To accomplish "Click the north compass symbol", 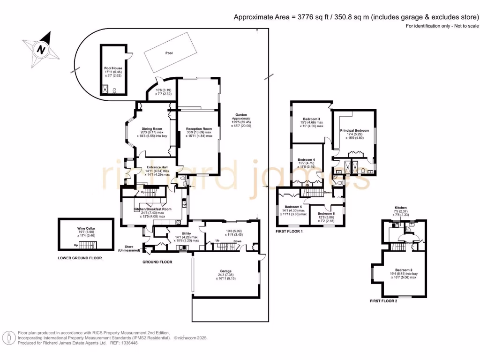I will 41,48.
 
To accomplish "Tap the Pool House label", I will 113,68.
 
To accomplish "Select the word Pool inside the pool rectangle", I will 169,53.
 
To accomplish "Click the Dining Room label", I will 152,129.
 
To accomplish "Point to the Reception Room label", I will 199,129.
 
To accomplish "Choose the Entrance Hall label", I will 157,167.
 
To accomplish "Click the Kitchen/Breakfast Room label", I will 153,209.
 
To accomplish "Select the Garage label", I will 225,271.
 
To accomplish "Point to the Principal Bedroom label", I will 355,130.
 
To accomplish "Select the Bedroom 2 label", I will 403,270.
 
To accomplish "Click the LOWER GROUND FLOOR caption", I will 80,258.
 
